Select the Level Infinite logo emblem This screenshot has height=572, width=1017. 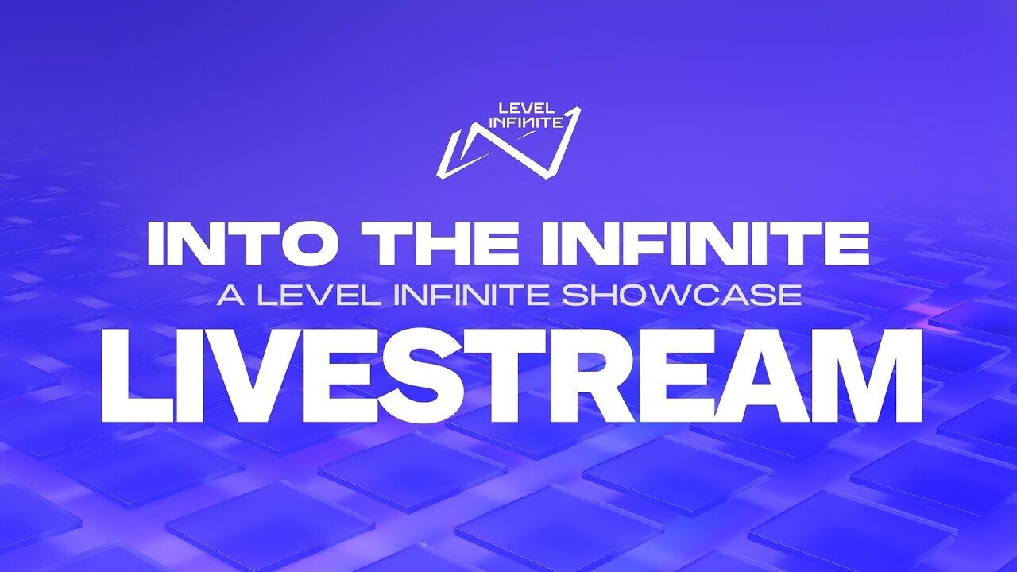(508, 143)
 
